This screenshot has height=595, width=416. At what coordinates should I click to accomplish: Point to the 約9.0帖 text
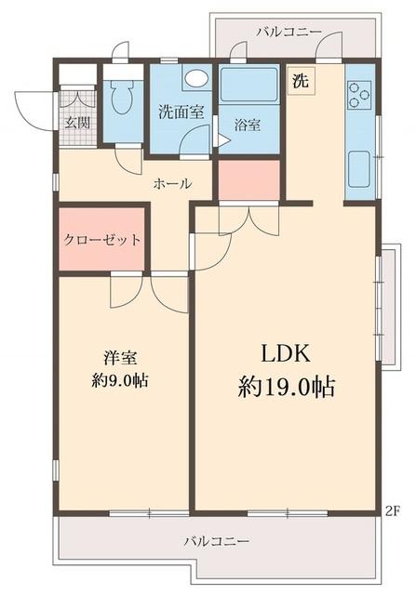coord(121,379)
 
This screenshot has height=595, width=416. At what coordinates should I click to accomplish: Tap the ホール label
coord(172,183)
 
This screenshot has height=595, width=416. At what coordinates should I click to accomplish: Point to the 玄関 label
coord(74,123)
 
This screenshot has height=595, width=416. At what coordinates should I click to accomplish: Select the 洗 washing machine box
coord(300,80)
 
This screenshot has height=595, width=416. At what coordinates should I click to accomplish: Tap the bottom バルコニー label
coord(216,540)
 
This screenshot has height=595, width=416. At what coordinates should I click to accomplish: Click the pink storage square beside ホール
coord(248,179)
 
